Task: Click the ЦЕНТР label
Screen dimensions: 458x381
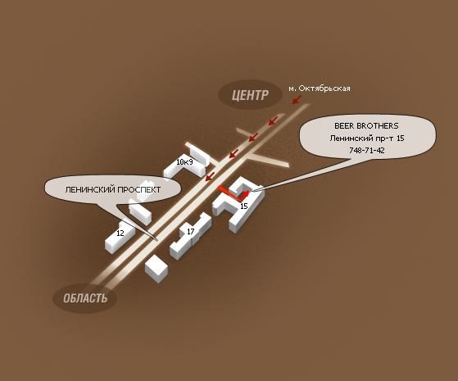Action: (250, 95)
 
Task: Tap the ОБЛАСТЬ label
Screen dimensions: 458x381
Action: (85, 298)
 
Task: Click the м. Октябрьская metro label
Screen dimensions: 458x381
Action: (320, 88)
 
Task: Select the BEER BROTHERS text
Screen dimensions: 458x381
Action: (366, 125)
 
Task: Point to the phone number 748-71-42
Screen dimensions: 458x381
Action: (367, 150)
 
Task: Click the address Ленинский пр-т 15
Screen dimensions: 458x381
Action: (367, 138)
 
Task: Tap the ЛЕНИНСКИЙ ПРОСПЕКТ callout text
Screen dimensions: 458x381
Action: (113, 189)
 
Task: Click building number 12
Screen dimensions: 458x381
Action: (120, 233)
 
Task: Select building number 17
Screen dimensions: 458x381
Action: (190, 231)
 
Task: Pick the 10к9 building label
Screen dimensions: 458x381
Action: (184, 161)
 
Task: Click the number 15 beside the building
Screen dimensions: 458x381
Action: (243, 206)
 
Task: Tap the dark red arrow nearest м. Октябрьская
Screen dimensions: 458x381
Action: (297, 99)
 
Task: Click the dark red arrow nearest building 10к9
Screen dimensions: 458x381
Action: (211, 176)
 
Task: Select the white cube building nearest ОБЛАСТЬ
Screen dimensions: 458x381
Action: (156, 269)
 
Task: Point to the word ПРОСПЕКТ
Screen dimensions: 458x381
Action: (138, 189)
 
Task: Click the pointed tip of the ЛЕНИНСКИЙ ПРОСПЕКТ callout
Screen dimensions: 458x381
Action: (157, 240)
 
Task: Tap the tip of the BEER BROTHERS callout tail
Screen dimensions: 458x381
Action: (253, 191)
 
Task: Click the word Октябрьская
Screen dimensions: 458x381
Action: (324, 88)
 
